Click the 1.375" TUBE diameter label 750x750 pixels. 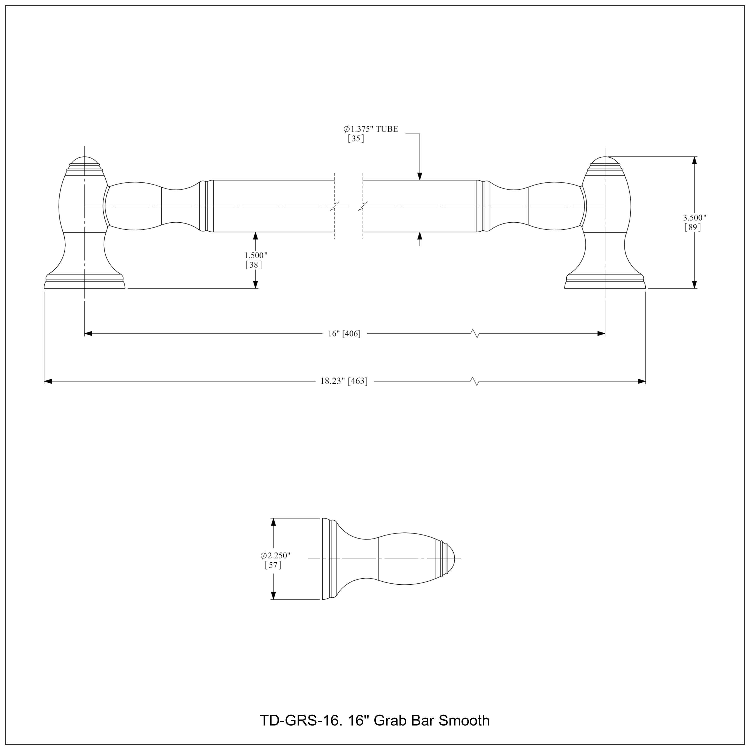click(x=371, y=129)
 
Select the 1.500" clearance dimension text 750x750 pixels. click(x=256, y=255)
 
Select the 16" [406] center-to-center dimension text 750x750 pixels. click(x=344, y=333)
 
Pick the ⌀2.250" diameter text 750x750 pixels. click(x=275, y=555)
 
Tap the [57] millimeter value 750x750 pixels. click(x=273, y=565)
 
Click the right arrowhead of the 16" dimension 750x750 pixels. click(x=601, y=333)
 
